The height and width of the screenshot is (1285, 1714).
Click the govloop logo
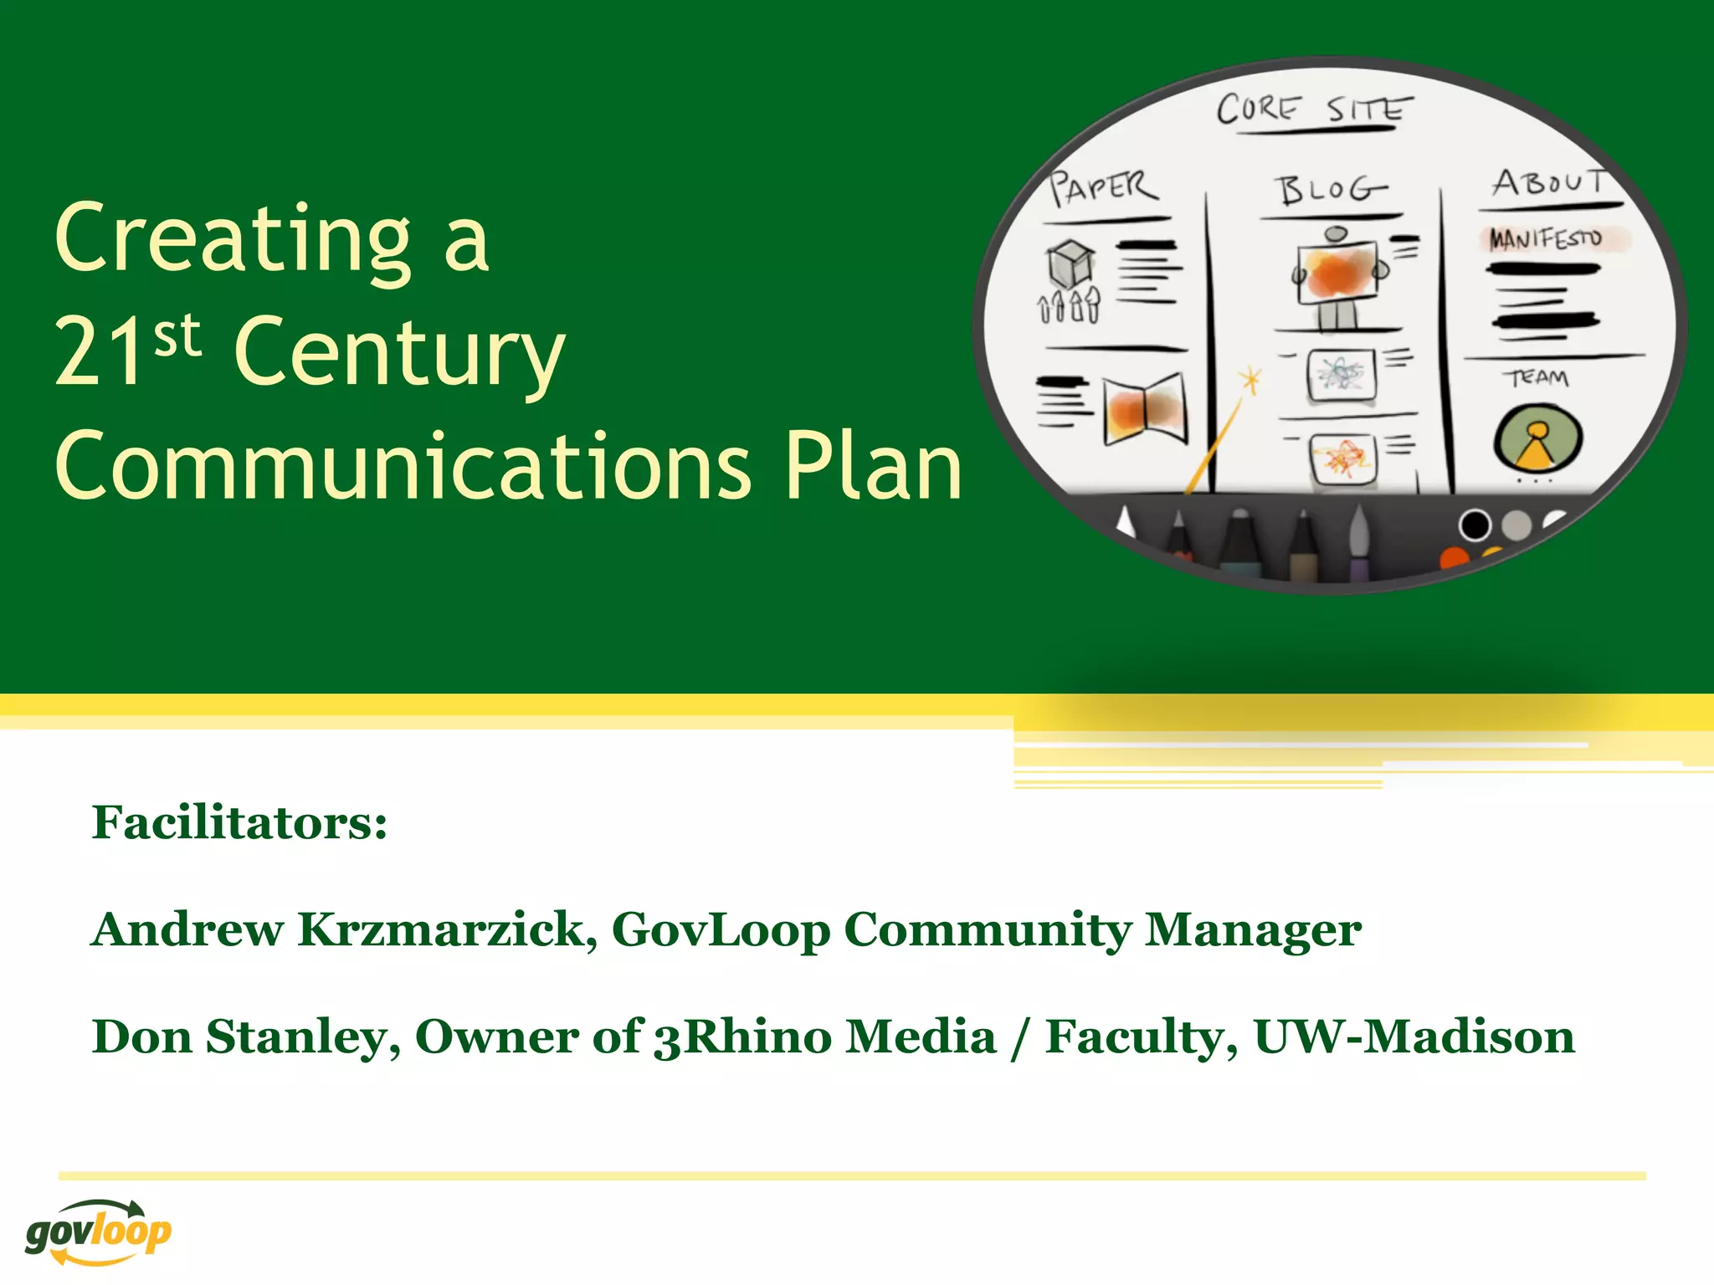pos(98,1231)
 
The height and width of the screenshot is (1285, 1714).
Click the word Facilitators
pos(239,822)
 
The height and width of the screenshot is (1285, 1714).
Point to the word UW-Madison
pos(1414,1037)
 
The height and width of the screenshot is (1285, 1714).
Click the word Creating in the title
pos(233,240)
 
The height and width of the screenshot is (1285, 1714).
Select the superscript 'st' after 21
pos(177,336)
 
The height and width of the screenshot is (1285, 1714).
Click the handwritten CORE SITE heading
pos(1312,110)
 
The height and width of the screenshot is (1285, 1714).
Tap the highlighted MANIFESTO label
pos(1545,239)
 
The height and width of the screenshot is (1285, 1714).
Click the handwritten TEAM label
pos(1539,378)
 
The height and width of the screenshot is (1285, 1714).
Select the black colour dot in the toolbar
pos(1474,525)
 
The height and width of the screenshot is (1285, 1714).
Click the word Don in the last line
pos(141,1037)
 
